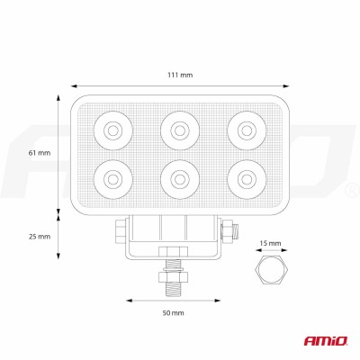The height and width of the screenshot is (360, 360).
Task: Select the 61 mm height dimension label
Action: (x=40, y=154)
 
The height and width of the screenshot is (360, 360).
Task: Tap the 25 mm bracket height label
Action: (x=40, y=236)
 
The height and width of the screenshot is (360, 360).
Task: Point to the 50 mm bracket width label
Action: (x=173, y=312)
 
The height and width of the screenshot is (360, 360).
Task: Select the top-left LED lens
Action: (x=114, y=130)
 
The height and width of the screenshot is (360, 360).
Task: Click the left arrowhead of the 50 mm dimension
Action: (x=126, y=300)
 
